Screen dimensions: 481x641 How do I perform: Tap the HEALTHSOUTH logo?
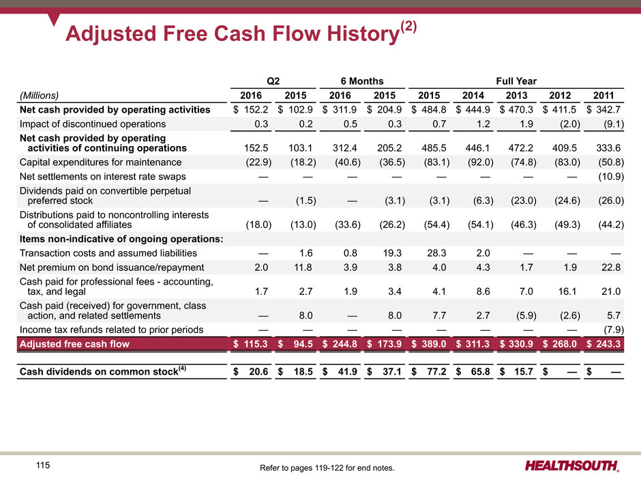point(573,467)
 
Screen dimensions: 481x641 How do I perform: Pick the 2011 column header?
point(606,96)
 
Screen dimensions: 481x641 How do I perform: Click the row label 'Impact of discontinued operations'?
point(92,124)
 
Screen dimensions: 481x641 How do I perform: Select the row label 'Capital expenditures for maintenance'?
point(100,162)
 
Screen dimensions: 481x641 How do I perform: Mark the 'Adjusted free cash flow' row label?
point(75,345)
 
